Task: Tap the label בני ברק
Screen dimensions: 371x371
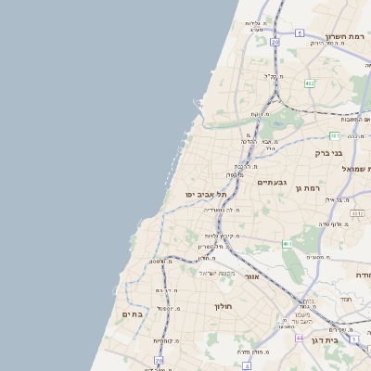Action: coord(329,153)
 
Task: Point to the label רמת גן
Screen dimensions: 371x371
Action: coord(307,189)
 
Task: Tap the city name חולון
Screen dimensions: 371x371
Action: coord(223,305)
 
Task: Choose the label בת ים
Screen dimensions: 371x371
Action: coord(132,314)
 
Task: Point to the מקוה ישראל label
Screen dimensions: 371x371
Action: coord(217,273)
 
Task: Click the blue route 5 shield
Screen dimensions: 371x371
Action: coord(300,33)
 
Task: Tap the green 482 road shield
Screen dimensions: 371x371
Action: coord(310,83)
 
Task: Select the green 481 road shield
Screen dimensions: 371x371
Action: coord(335,135)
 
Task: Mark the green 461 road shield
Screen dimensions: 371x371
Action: coord(288,245)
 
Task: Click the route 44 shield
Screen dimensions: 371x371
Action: coord(300,338)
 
